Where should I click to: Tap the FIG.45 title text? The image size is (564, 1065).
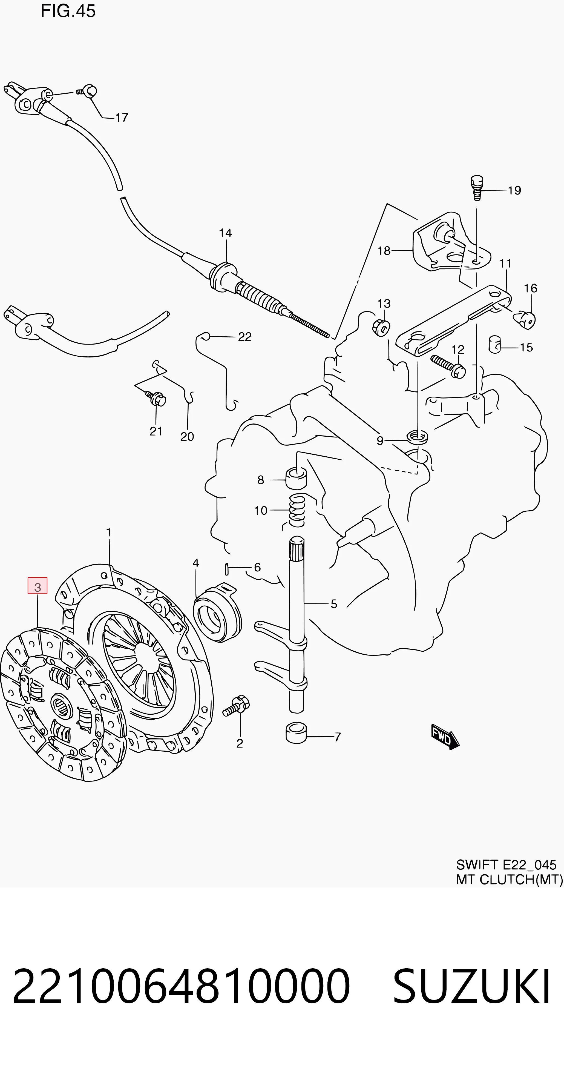coord(68,11)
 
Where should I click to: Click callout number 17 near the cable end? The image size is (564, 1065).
coord(122,118)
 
